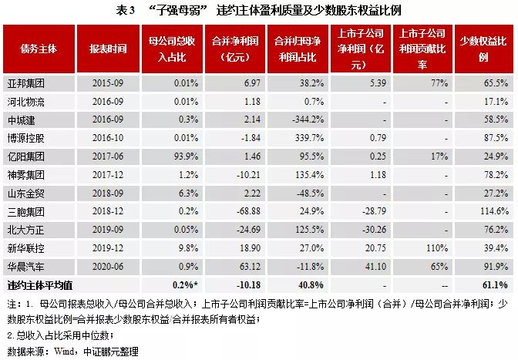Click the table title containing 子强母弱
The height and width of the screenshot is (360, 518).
259,11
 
